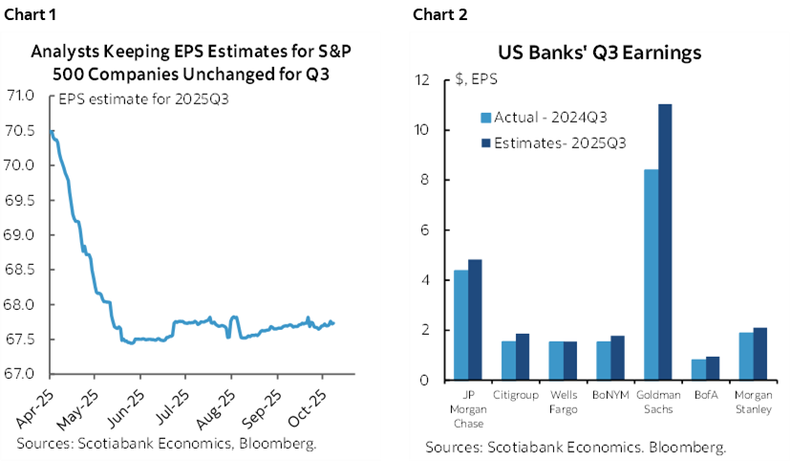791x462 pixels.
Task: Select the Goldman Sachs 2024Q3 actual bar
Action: click(652, 275)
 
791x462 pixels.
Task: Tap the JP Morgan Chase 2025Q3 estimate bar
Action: click(475, 319)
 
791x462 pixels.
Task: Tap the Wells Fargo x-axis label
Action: click(562, 403)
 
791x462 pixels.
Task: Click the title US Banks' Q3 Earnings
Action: click(599, 54)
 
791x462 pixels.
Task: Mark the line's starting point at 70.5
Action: click(52, 131)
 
